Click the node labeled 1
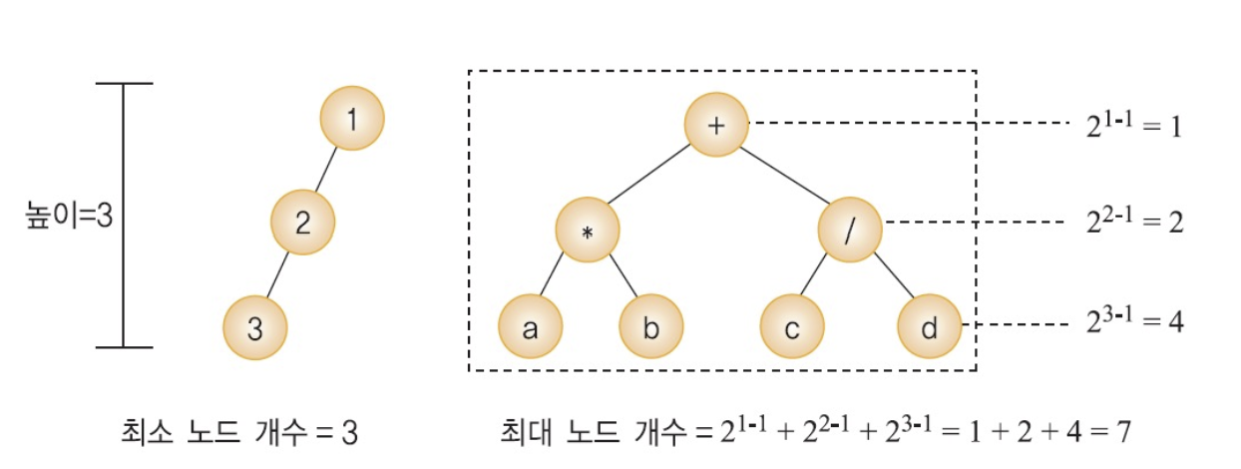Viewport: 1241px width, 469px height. (x=351, y=119)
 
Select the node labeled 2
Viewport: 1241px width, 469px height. (x=302, y=222)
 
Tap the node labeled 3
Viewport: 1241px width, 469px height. (x=254, y=328)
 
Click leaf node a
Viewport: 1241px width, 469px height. (x=530, y=327)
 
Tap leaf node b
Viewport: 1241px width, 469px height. (x=650, y=327)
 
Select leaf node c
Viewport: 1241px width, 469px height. (x=791, y=327)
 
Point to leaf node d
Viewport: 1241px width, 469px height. (x=929, y=327)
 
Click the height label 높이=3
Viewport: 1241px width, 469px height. (x=68, y=217)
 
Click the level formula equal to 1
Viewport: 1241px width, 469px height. (x=1135, y=127)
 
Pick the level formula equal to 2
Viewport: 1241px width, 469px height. (x=1135, y=221)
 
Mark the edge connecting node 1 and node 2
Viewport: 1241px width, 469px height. (x=327, y=170)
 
